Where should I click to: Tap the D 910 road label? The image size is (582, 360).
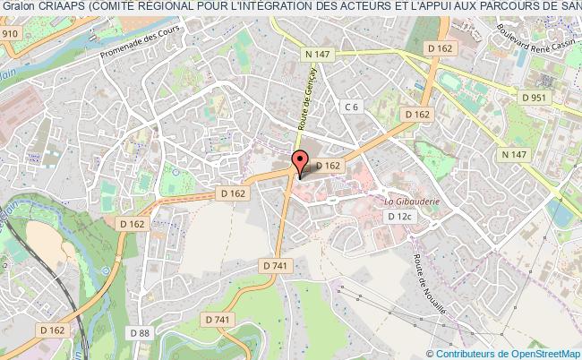[9, 33]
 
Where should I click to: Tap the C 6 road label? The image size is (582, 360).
[352, 107]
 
